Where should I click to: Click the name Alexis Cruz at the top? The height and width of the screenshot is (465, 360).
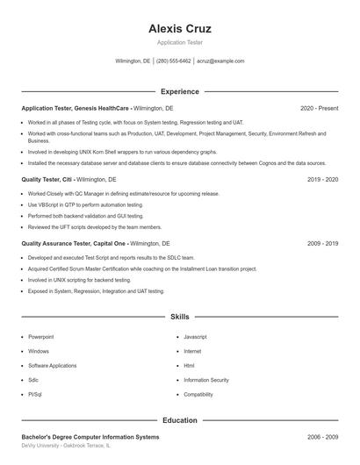(180, 28)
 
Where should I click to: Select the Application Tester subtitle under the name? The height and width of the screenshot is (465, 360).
(180, 42)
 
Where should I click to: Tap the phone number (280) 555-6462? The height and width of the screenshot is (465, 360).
(173, 61)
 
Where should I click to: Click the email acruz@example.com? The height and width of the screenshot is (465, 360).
(220, 61)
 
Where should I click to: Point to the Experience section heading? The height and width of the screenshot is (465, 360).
(180, 91)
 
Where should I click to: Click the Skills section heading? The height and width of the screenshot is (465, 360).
(180, 316)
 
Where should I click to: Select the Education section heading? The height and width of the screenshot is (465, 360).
(180, 420)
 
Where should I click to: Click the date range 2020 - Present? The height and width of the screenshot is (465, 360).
(319, 108)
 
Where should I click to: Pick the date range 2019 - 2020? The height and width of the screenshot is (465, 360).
(322, 179)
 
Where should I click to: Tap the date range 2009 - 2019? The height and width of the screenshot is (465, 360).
(322, 243)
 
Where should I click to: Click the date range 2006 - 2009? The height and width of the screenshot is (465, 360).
(322, 436)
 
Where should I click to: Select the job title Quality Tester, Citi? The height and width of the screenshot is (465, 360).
(46, 179)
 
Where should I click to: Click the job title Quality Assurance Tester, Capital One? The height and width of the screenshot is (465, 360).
(75, 243)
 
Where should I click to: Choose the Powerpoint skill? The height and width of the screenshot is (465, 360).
(40, 337)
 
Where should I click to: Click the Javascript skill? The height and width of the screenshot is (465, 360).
(195, 337)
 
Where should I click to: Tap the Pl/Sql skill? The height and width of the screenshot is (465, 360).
(36, 395)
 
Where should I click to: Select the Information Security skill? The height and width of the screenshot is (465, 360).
(205, 380)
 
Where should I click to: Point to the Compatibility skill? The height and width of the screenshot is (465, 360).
(198, 395)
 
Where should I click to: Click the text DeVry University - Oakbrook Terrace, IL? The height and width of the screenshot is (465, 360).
(66, 446)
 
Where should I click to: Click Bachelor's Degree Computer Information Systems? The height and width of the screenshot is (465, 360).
(90, 436)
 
